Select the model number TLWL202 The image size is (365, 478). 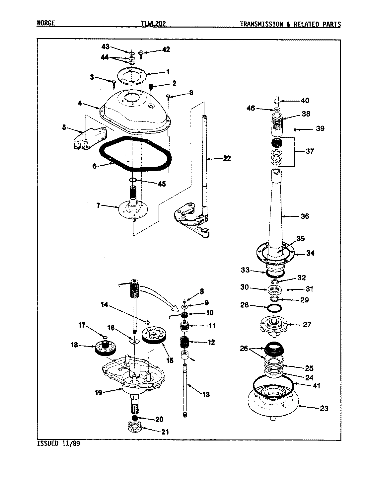pos(153,24)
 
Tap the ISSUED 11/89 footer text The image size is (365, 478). pos(58,443)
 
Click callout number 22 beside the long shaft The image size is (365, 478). pos(227,159)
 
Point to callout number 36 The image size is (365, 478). pos(304,216)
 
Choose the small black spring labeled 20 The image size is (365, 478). pos(135,418)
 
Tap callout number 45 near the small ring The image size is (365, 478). pos(162,184)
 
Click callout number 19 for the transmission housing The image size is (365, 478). pos(99,392)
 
